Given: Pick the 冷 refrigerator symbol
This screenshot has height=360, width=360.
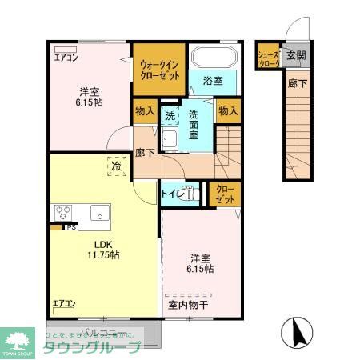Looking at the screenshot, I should [x=117, y=166].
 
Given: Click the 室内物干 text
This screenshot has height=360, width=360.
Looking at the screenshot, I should [x=187, y=304].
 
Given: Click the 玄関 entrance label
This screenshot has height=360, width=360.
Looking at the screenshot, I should [x=295, y=55].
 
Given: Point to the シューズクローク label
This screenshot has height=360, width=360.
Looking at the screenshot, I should [x=268, y=58].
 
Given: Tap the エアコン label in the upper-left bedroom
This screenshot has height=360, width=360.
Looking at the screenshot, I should [x=66, y=57].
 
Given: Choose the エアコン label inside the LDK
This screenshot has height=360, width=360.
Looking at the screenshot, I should [x=64, y=303].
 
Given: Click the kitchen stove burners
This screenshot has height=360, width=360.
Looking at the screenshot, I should [x=63, y=212].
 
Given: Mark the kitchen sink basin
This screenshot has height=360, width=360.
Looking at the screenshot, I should [x=99, y=212].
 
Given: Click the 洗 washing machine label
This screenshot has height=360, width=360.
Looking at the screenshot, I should [x=170, y=115].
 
